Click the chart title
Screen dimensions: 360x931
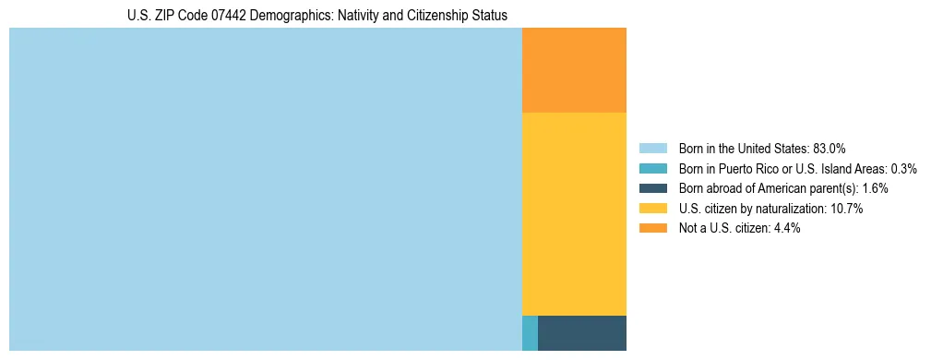[x=316, y=15]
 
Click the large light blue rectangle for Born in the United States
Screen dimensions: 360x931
[x=266, y=189]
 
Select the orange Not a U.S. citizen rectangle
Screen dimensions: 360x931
[x=574, y=70]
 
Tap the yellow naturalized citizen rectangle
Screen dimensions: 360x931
[x=574, y=213]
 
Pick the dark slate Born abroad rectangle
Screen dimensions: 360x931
[x=581, y=332]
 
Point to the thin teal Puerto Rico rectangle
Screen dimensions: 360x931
[x=530, y=332]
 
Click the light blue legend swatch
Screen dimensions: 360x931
[x=652, y=148]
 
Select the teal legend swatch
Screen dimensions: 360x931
[x=652, y=168]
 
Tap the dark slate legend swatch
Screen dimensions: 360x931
[x=652, y=188]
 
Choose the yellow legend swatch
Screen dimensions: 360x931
[x=652, y=209]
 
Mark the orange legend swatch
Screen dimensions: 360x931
[x=652, y=228]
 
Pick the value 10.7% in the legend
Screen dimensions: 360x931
[x=846, y=209]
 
